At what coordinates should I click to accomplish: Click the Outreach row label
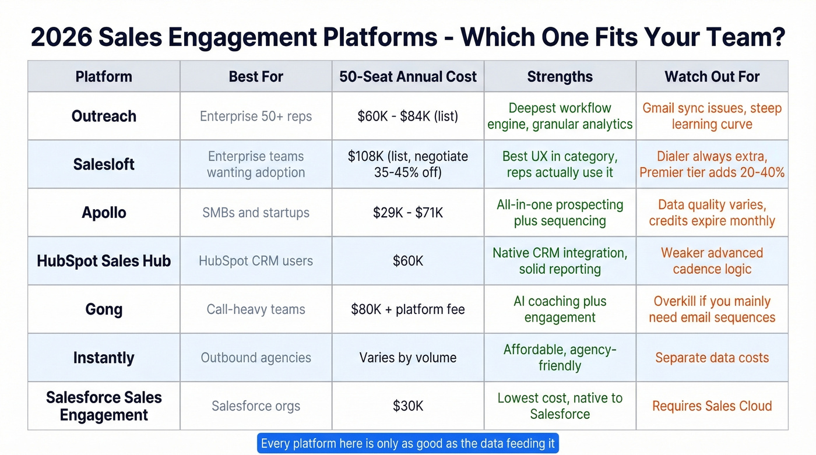(x=104, y=116)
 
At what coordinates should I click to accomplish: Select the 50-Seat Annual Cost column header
(x=408, y=76)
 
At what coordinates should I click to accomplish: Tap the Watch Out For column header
(x=712, y=76)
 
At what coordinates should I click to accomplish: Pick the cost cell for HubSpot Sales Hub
(x=408, y=261)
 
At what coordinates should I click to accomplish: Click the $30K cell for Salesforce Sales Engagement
(x=408, y=406)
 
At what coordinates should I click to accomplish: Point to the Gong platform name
(x=104, y=309)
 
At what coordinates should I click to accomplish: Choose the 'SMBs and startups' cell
(x=256, y=213)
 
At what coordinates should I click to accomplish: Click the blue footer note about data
(x=408, y=443)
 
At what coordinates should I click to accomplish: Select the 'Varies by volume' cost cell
(x=408, y=358)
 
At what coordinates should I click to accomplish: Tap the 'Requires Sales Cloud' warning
(x=712, y=406)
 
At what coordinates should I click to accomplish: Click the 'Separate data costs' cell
(x=712, y=358)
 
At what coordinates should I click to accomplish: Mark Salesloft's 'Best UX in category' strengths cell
(x=560, y=164)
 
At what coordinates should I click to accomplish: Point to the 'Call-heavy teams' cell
(x=256, y=309)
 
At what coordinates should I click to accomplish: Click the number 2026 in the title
(x=61, y=37)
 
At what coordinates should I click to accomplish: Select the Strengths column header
(x=560, y=76)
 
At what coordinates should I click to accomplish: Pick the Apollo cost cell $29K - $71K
(x=408, y=213)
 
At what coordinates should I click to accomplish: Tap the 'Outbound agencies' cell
(x=256, y=358)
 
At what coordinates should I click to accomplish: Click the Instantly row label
(x=104, y=358)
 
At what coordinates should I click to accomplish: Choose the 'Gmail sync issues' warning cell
(x=712, y=116)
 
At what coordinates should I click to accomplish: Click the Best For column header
(x=256, y=76)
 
